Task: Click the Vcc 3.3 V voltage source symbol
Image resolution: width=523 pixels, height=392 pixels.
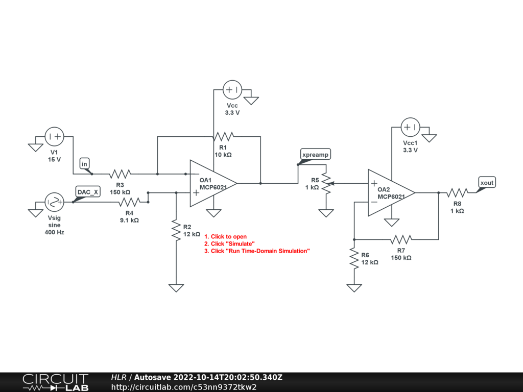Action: click(232, 90)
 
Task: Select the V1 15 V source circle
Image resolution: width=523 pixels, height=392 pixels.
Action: click(54, 136)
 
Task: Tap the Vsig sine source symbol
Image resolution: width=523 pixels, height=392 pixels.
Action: click(54, 202)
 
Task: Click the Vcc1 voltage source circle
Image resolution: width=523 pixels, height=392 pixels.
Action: click(410, 127)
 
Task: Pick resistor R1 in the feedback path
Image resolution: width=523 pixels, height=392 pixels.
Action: click(224, 136)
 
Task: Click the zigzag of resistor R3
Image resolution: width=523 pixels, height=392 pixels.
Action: click(120, 174)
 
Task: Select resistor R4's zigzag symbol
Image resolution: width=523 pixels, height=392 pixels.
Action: click(129, 202)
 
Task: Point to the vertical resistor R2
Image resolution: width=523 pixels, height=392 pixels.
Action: click(176, 230)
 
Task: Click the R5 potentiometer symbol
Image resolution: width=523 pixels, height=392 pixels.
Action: click(326, 183)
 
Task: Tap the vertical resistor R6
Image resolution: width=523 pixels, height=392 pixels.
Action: click(354, 258)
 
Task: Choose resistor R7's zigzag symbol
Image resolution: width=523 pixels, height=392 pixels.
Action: click(401, 239)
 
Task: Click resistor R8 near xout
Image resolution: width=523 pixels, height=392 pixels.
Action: click(457, 192)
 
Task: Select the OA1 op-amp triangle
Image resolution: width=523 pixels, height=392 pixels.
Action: click(213, 183)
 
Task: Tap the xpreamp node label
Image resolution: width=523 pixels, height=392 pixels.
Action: click(315, 154)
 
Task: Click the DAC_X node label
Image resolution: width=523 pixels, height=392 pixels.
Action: click(88, 192)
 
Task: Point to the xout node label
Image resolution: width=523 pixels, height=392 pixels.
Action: click(487, 183)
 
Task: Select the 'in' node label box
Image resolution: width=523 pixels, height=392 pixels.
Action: click(84, 164)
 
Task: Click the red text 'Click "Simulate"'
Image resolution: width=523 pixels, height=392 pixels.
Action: click(232, 243)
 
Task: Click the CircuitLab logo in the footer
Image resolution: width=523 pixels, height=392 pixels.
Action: click(55, 382)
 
